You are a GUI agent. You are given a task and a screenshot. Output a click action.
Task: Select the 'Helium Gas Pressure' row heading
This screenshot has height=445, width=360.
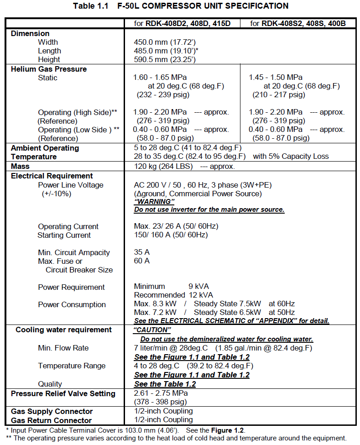pos(49,69)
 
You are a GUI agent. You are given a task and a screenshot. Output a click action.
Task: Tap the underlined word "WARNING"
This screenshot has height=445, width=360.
pos(154,202)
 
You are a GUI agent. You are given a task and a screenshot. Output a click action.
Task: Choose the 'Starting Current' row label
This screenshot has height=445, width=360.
pos(64,235)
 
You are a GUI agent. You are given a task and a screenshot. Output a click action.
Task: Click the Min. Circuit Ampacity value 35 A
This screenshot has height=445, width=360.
pos(141,252)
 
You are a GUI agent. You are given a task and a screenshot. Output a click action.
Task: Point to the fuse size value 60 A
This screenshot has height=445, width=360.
pos(141,261)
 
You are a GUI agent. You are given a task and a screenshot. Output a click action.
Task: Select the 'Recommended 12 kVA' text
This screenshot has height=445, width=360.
pos(173,295)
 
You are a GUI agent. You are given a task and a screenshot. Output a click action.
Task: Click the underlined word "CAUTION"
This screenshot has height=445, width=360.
pos(152,330)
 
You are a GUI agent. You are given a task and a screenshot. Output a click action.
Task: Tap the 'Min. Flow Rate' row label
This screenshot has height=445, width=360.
pos(63,348)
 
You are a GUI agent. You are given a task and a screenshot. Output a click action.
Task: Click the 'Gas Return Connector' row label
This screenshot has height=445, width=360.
pos(51,420)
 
